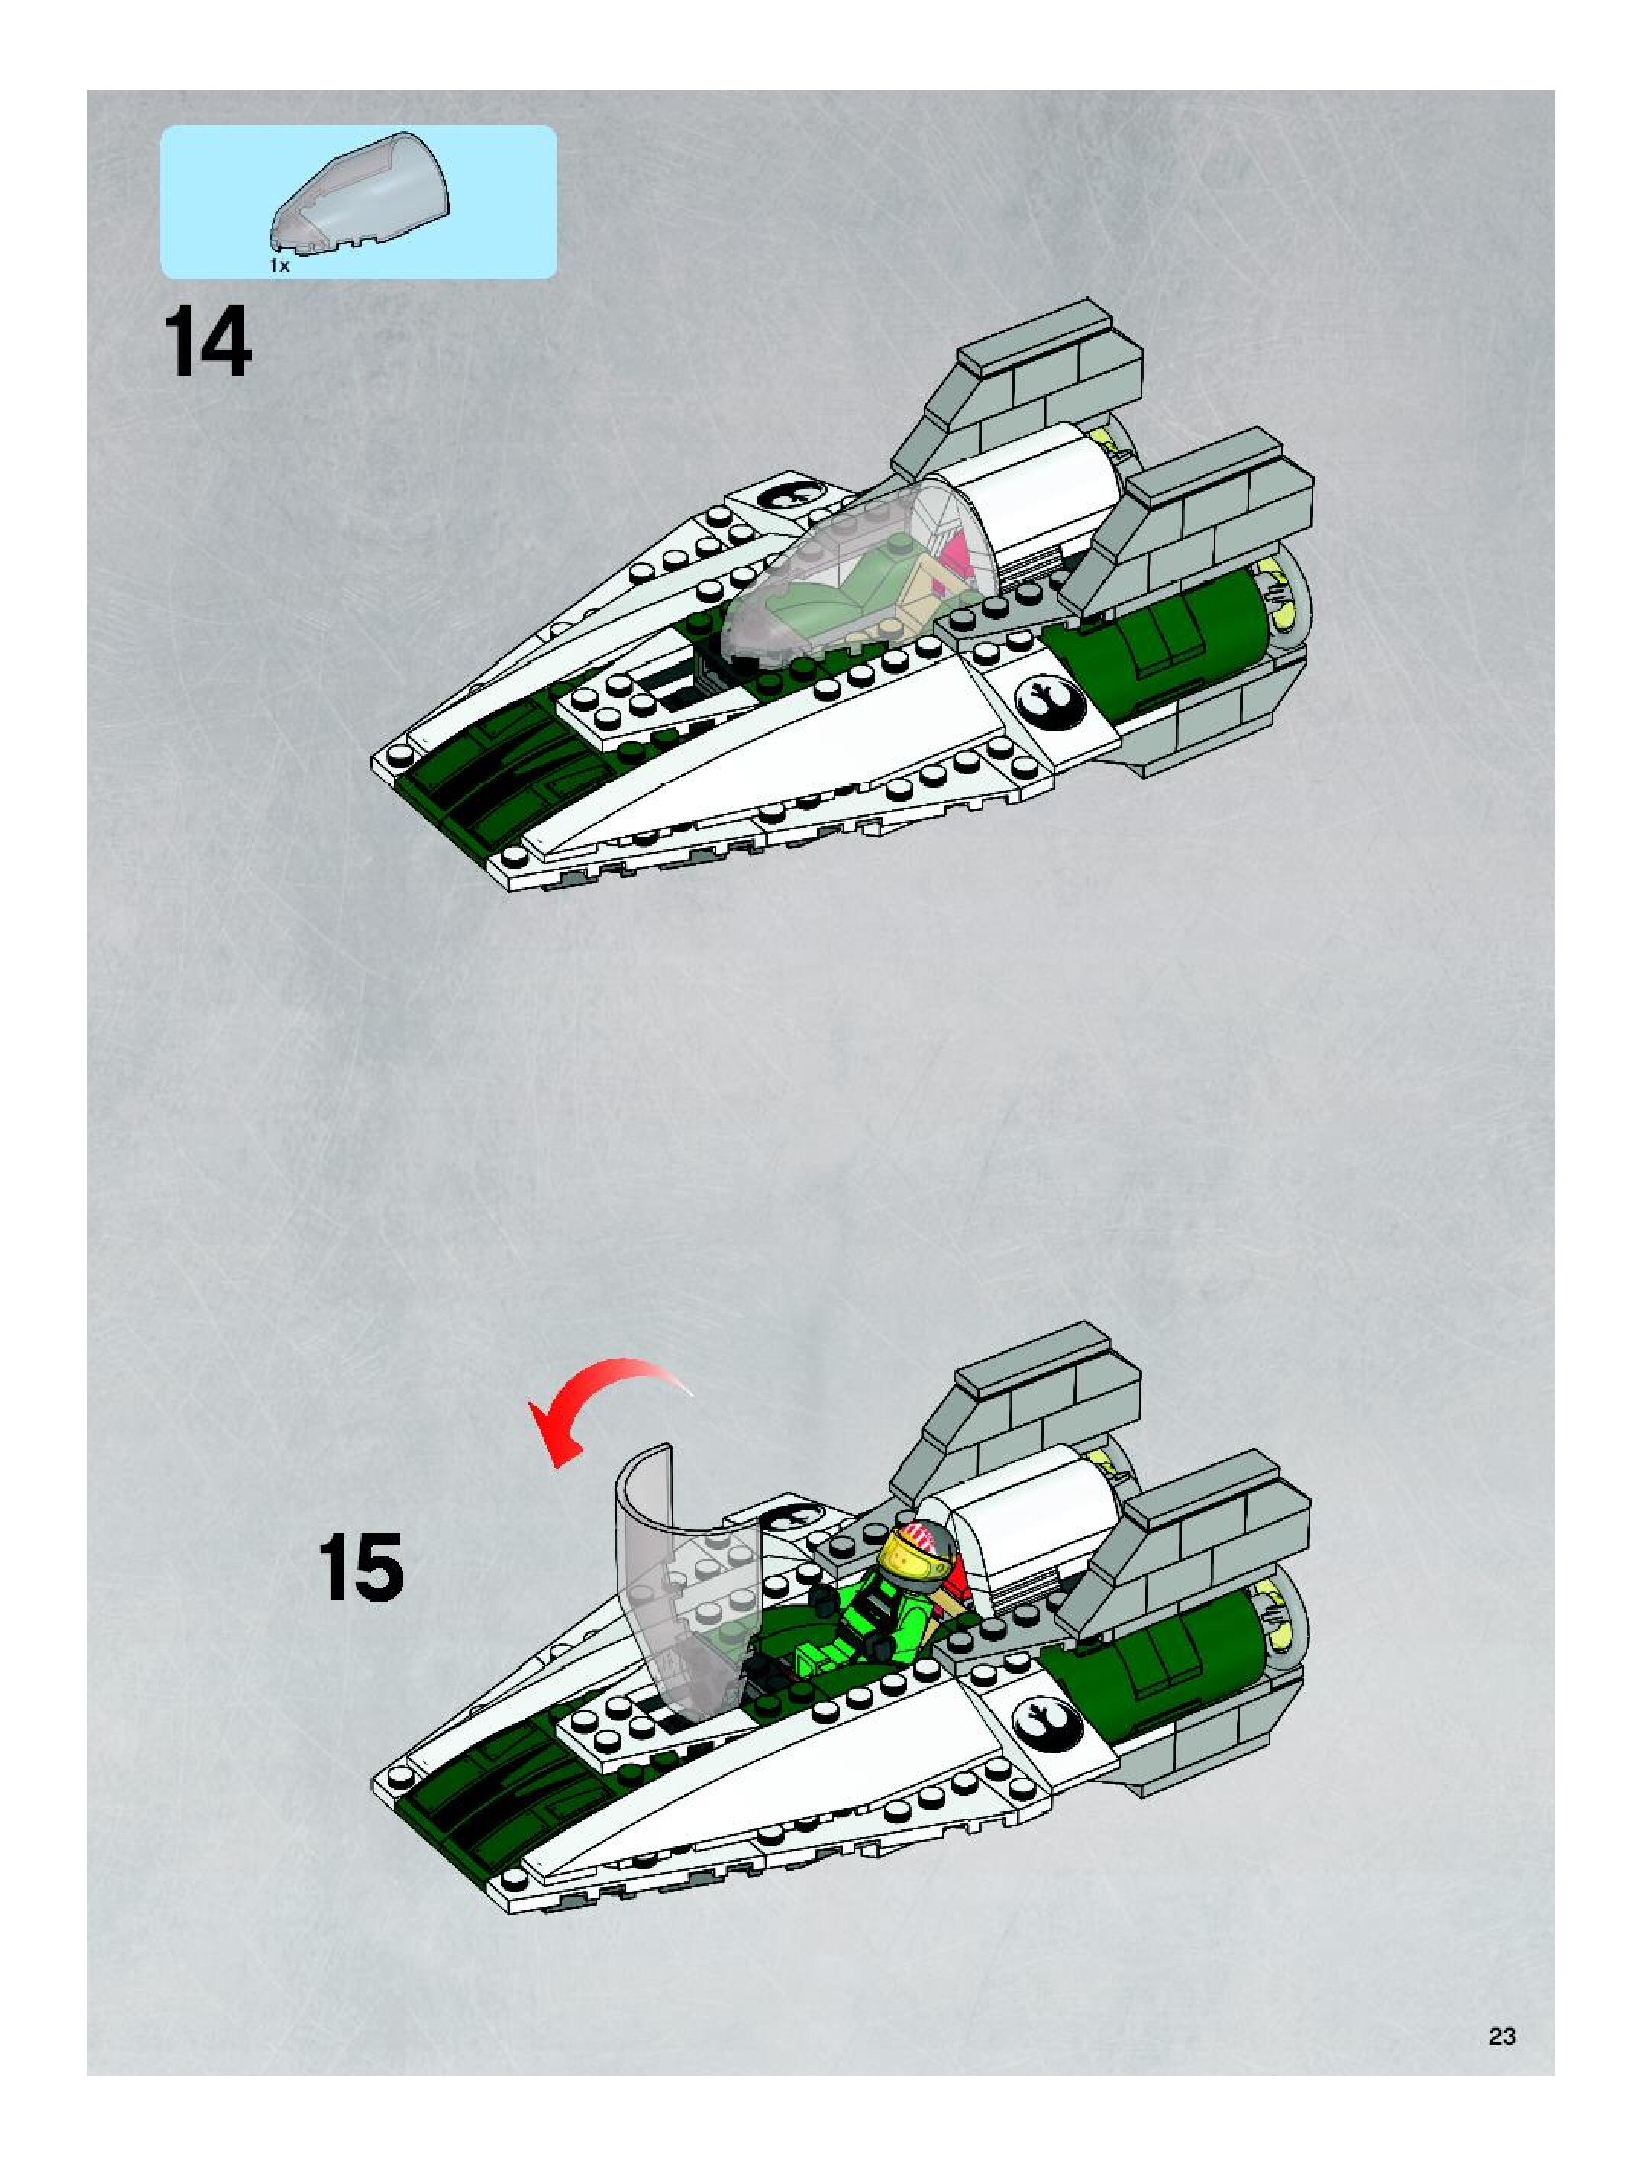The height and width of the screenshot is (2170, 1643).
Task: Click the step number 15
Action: point(360,1568)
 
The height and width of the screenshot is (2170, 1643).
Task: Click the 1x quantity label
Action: point(279,266)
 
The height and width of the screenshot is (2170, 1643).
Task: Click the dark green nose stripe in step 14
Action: point(471,775)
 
